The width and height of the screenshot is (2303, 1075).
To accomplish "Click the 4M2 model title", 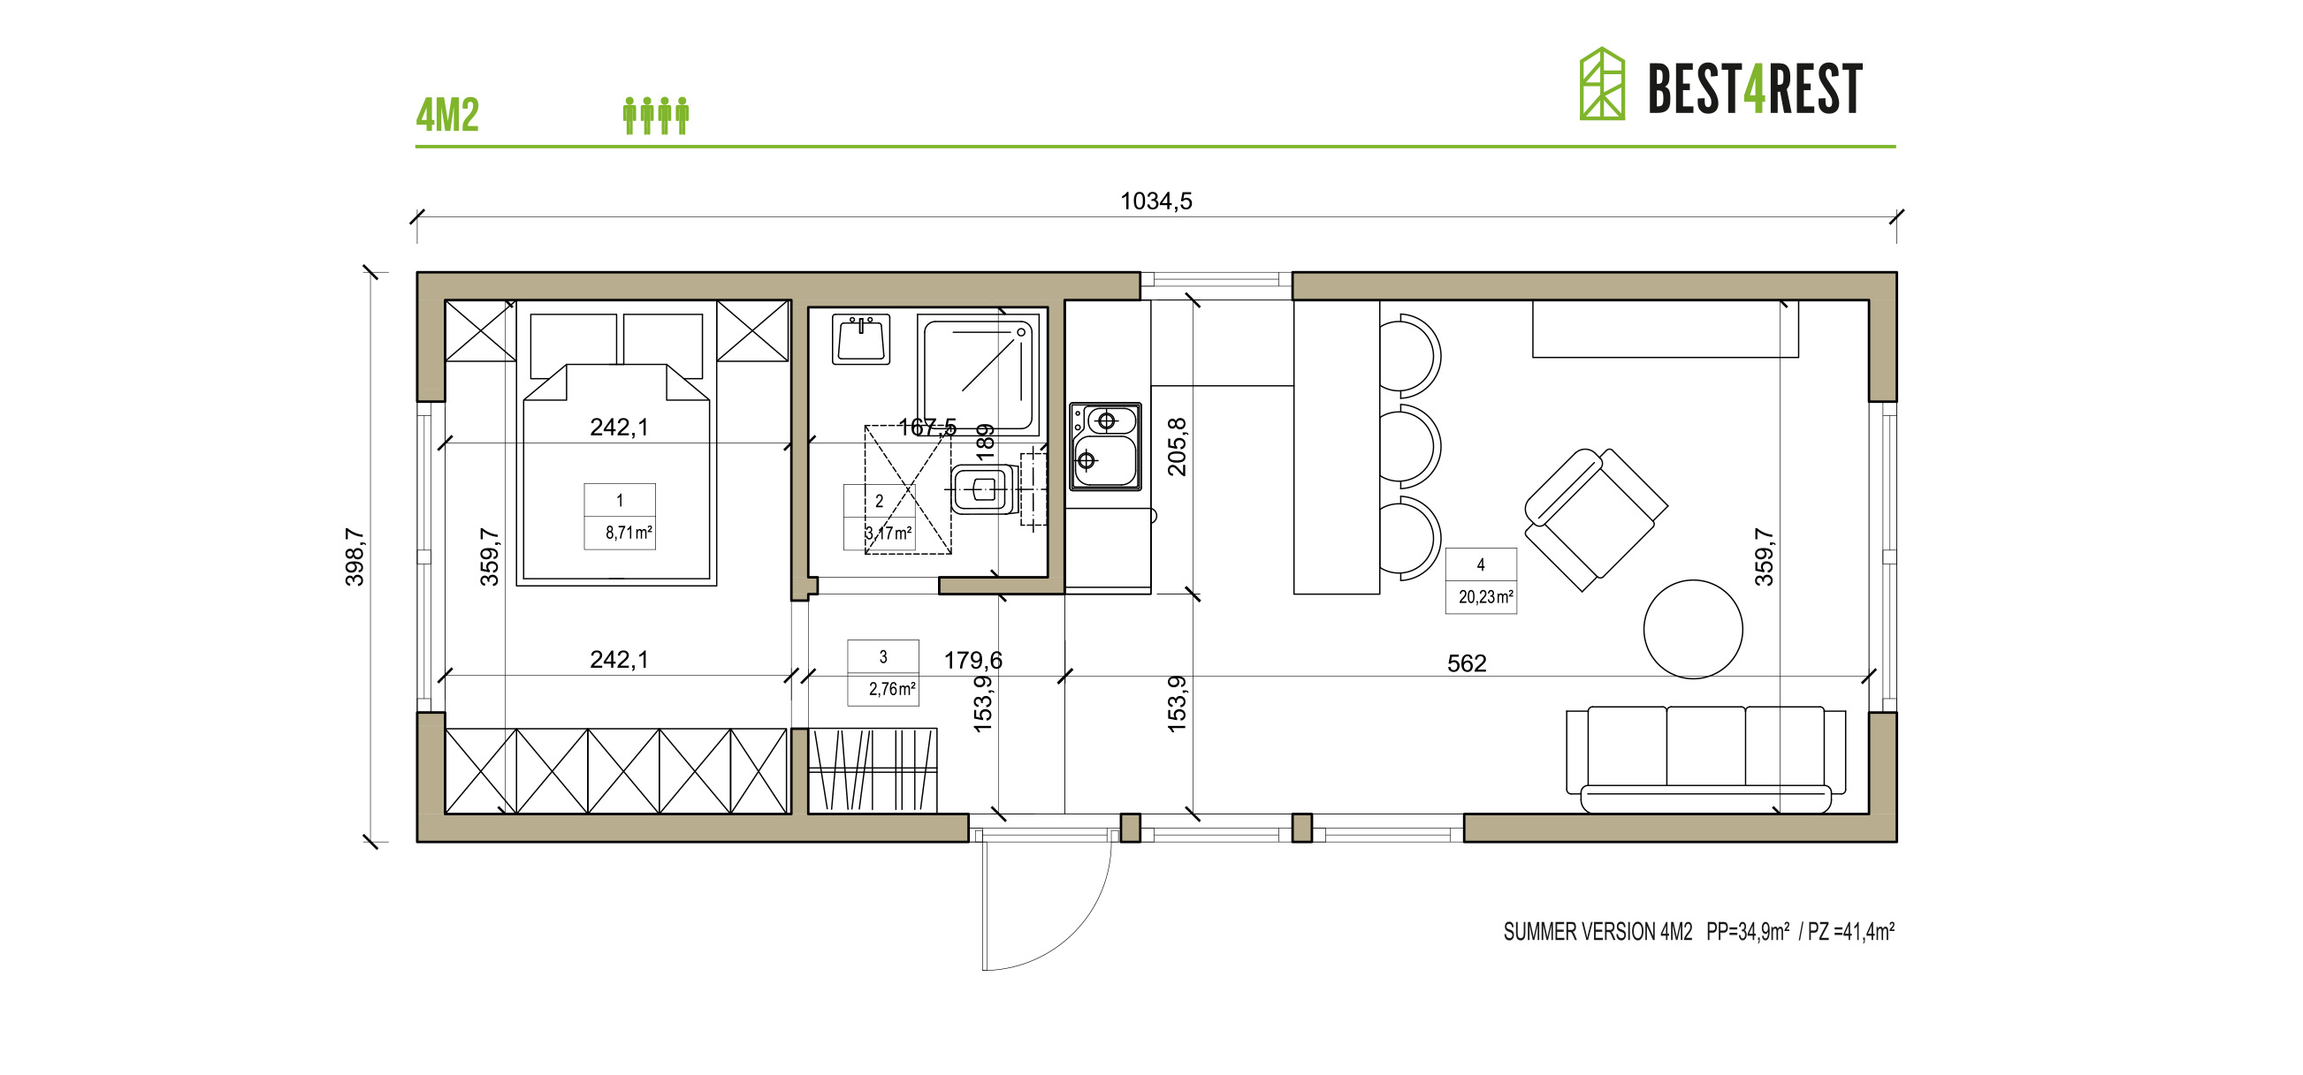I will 447,116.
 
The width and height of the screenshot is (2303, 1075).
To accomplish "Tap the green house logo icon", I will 1601,84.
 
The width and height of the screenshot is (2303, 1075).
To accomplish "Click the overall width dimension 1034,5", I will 1156,201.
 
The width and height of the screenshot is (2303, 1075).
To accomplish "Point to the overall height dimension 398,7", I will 355,556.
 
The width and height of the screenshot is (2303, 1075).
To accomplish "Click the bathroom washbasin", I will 860,339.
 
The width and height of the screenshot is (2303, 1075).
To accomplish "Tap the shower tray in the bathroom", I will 980,374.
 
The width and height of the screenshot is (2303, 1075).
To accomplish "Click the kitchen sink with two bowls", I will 1105,446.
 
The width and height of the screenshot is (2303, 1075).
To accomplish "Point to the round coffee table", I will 1692,629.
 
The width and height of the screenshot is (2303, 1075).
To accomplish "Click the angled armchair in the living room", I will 1594,519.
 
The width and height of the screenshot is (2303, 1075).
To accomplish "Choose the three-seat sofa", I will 1704,758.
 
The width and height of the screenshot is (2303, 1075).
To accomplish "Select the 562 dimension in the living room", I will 1466,663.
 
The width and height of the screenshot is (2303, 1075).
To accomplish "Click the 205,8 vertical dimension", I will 1178,447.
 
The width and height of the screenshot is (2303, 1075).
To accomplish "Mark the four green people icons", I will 655,116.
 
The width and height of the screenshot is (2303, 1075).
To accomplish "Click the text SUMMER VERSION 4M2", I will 1598,932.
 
